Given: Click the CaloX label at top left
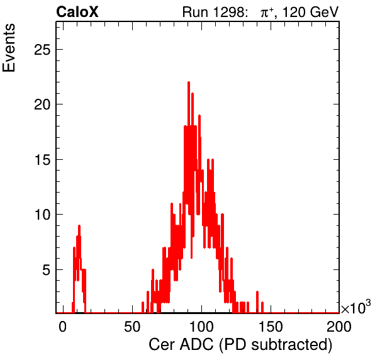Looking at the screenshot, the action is click(77, 12).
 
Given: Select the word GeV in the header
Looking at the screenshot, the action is click(324, 12).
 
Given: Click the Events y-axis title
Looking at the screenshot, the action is click(9, 48).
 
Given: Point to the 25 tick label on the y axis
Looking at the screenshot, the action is click(42, 50).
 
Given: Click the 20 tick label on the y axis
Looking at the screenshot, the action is click(42, 104).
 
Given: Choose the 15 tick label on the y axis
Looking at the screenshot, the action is click(42, 160).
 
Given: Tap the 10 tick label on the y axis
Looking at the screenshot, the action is click(42, 215).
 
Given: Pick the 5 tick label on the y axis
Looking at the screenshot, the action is click(47, 269).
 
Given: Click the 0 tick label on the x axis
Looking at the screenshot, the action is click(62, 327).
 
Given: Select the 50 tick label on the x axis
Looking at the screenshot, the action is click(132, 327).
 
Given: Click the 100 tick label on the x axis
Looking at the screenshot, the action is click(201, 327).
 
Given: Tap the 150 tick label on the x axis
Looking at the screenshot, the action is click(271, 327).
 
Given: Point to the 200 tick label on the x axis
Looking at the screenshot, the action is click(339, 327).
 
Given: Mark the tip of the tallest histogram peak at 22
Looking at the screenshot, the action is click(189, 82).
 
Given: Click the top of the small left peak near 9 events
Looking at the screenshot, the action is click(79, 226).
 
